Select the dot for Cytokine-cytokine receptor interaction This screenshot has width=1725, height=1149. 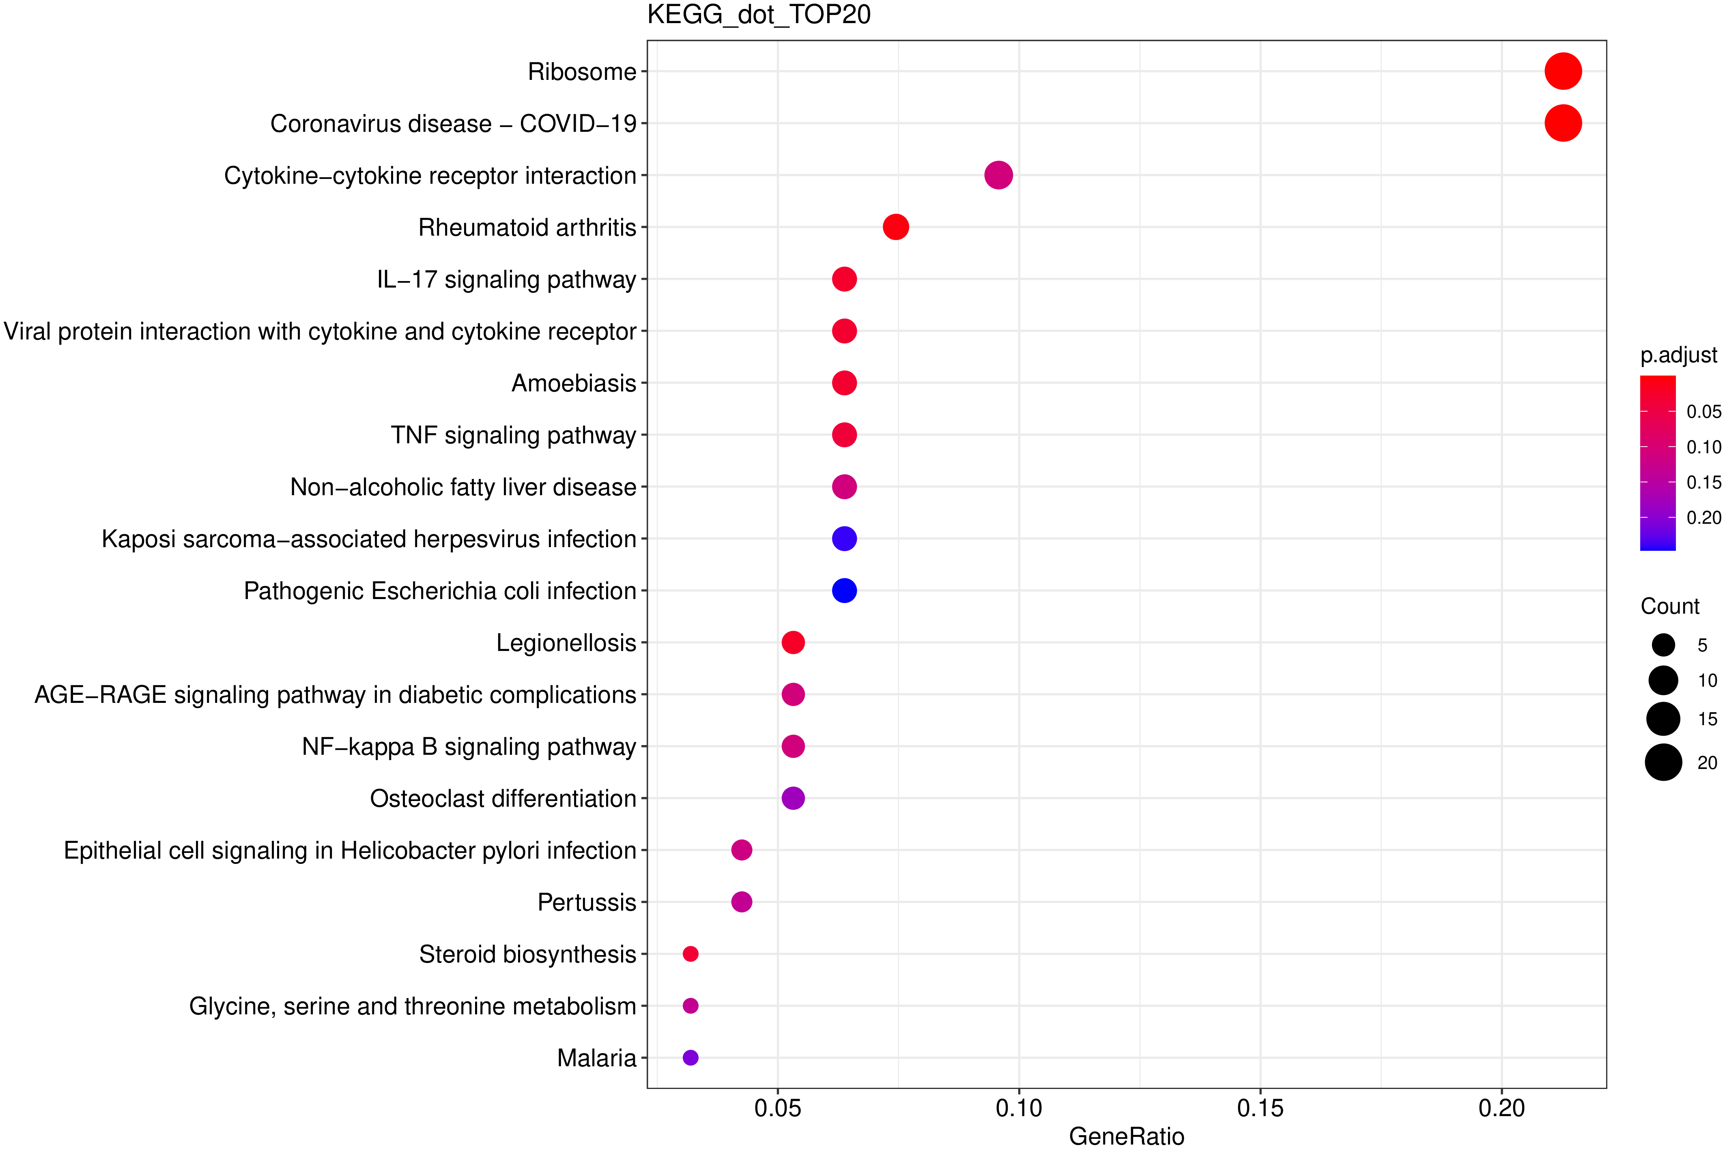click(x=998, y=175)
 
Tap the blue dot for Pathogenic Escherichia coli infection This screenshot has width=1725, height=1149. click(x=844, y=591)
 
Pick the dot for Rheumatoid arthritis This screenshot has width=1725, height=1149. click(x=895, y=227)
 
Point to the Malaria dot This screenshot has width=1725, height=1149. click(x=690, y=1057)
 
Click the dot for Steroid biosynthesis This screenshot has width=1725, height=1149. click(x=690, y=954)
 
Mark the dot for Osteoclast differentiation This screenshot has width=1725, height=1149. click(x=793, y=798)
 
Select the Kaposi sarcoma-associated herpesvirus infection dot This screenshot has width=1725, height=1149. click(x=844, y=539)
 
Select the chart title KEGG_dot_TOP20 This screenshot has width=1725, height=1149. click(x=759, y=15)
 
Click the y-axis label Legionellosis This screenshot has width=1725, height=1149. click(x=566, y=643)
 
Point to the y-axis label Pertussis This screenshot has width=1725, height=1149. click(x=586, y=902)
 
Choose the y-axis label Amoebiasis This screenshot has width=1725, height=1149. click(x=573, y=383)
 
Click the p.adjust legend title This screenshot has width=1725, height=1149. click(x=1678, y=355)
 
